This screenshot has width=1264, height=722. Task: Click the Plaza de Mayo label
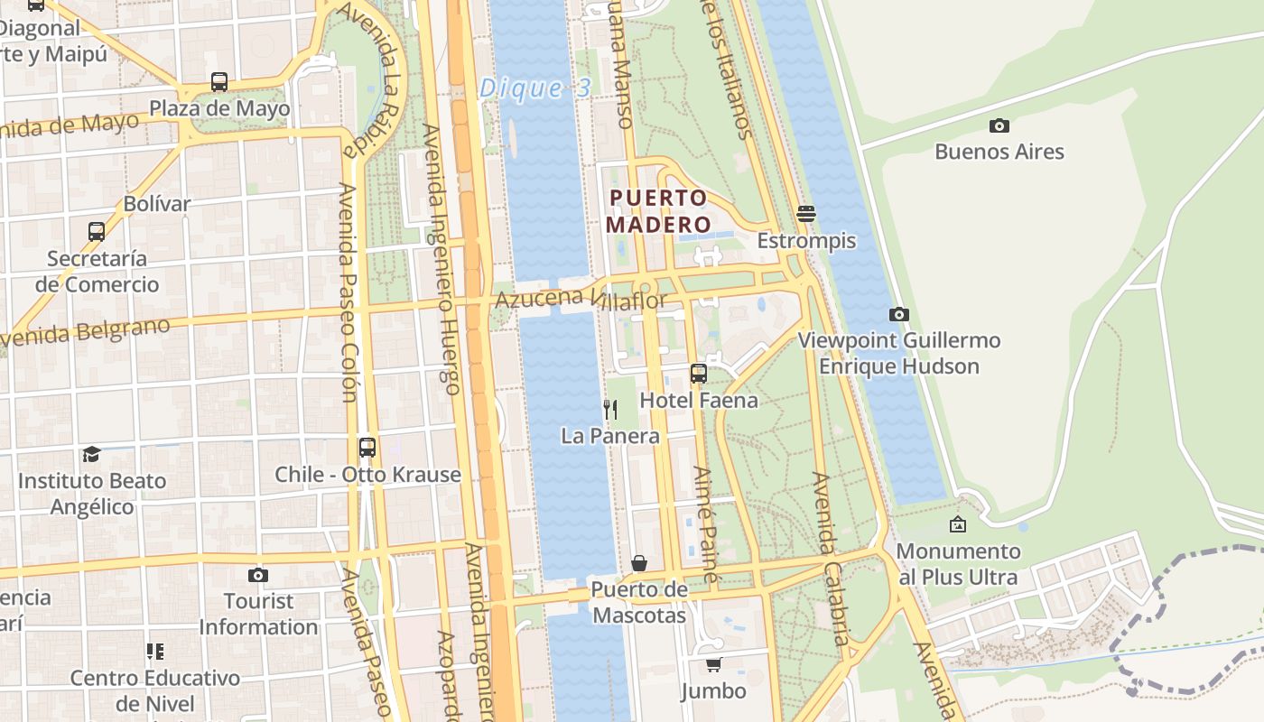[x=219, y=109]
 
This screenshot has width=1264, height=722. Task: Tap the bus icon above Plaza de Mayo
[x=218, y=82]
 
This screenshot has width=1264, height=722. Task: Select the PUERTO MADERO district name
[x=657, y=210]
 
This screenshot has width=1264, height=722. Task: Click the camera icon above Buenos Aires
[x=999, y=125]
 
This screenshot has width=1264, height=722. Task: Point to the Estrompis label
[x=806, y=241]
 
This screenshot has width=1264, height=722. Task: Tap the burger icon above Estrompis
[x=806, y=214]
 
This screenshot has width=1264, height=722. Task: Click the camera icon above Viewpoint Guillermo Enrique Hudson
[x=898, y=314]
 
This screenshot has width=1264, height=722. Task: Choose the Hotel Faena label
[x=699, y=400]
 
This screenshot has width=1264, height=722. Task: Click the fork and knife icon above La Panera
[x=610, y=410]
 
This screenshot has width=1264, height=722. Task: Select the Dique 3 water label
[x=534, y=88]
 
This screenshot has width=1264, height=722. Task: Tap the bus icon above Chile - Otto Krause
[x=367, y=447]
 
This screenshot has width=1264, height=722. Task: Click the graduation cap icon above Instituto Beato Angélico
[x=91, y=454]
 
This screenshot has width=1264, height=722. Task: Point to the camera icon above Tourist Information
[x=258, y=575]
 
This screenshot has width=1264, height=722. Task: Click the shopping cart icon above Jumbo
[x=713, y=665]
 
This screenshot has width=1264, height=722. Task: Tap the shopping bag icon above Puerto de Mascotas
[x=639, y=563]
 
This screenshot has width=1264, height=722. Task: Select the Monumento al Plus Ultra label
[x=958, y=564]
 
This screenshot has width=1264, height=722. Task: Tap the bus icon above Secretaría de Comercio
[x=97, y=231]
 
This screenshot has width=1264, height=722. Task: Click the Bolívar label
[x=157, y=204]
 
